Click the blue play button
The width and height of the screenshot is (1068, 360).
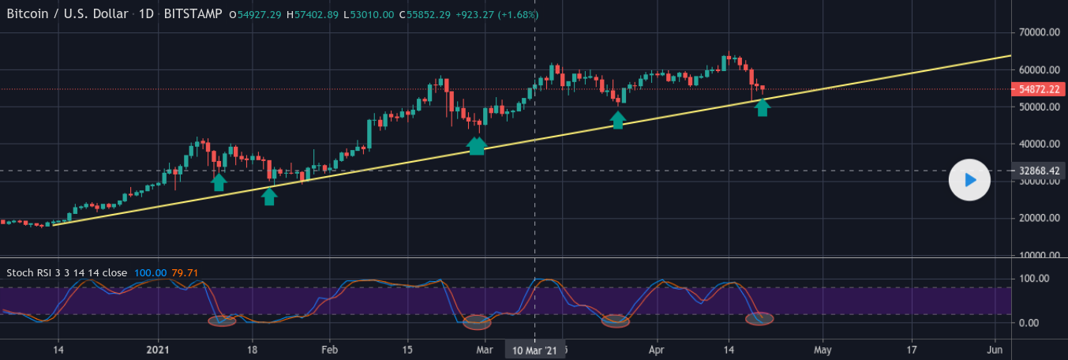[x=969, y=180]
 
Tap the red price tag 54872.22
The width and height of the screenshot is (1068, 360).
[x=1038, y=89]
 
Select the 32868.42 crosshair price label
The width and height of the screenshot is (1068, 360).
[x=1038, y=171]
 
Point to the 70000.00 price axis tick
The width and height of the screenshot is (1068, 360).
[x=1038, y=32]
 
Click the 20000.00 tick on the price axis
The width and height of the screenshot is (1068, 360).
[x=1038, y=219]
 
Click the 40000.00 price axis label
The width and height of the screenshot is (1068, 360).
[x=1038, y=144]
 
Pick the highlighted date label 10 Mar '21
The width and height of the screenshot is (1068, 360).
[x=535, y=350]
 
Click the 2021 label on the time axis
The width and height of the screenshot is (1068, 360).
[x=158, y=349]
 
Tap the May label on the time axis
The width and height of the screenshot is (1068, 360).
[x=823, y=349]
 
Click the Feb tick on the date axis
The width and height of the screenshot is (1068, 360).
[x=330, y=349]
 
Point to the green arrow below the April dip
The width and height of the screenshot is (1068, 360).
[x=618, y=120]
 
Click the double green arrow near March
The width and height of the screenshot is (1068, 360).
[x=477, y=145]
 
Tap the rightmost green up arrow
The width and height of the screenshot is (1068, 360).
[x=762, y=107]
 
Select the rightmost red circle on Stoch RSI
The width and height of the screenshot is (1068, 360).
[x=759, y=319]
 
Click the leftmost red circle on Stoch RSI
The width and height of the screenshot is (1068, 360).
[x=222, y=321]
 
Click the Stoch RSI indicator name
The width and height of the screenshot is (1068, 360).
[x=66, y=273]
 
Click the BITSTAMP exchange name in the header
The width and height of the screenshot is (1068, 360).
[x=193, y=14]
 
